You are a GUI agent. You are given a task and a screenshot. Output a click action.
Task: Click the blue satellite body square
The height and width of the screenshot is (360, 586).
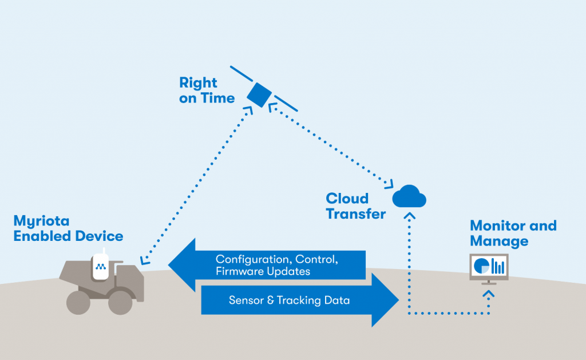[259, 95]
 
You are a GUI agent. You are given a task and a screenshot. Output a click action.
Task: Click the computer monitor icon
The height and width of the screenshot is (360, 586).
[489, 269]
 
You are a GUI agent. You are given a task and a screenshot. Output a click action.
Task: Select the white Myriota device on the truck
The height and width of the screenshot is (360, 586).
[101, 266]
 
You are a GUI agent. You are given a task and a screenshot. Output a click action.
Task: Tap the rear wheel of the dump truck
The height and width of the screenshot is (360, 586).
[78, 302]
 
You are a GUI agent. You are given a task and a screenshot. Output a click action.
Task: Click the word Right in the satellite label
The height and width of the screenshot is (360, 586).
[198, 83]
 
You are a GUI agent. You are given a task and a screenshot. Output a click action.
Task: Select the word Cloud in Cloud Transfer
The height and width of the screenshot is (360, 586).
[347, 198]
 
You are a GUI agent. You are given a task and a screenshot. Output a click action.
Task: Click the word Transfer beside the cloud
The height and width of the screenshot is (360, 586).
[356, 214]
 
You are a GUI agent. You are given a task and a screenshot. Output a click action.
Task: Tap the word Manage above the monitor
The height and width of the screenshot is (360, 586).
[499, 241]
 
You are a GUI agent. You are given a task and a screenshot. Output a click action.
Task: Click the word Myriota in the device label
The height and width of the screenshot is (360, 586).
[41, 221]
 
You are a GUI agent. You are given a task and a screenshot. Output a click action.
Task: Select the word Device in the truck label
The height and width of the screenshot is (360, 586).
[100, 236]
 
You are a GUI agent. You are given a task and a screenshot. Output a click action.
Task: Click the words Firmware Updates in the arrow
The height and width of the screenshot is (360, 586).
[263, 271]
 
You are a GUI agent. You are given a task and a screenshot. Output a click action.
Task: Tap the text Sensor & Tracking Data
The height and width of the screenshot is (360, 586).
[289, 300]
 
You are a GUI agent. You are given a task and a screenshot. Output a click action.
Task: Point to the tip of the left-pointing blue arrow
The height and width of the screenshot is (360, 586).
[169, 264]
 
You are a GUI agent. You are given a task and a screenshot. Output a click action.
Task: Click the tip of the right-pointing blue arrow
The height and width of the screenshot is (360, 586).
[399, 300]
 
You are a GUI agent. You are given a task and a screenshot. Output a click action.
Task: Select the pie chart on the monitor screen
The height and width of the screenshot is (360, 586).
[481, 266]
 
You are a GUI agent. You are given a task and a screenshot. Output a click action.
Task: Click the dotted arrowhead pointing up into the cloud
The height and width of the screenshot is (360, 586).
[410, 215]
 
